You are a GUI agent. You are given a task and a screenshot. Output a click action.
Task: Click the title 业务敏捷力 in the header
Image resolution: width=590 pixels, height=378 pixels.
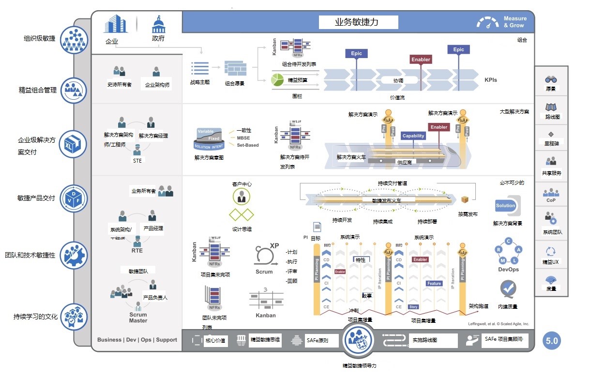[358, 22]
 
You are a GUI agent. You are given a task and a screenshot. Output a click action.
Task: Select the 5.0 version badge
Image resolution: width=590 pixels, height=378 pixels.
[552, 341]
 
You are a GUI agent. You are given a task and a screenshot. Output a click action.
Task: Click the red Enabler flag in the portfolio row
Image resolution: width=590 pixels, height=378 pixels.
[421, 60]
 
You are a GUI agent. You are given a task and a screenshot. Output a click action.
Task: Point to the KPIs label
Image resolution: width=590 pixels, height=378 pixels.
[491, 80]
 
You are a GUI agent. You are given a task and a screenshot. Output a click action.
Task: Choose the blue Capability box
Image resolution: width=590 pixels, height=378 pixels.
[413, 136]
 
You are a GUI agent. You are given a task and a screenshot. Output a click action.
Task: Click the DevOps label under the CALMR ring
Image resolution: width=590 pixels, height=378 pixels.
[508, 270]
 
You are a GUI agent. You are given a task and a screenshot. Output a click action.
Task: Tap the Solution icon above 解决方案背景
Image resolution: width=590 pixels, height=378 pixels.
[506, 206]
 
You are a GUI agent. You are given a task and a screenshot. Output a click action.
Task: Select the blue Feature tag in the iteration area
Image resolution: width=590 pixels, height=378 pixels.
[434, 284]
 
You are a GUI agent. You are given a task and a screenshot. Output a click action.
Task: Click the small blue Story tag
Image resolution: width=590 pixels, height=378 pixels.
[413, 307]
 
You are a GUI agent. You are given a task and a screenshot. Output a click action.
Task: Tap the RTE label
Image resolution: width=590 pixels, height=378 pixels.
[137, 251]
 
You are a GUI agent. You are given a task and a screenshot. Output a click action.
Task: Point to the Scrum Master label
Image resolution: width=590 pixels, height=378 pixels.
[138, 318]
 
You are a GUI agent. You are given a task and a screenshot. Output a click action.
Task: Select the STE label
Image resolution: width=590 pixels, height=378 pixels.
[137, 161]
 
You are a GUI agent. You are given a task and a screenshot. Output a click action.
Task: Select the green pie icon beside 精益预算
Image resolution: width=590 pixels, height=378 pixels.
[277, 80]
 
